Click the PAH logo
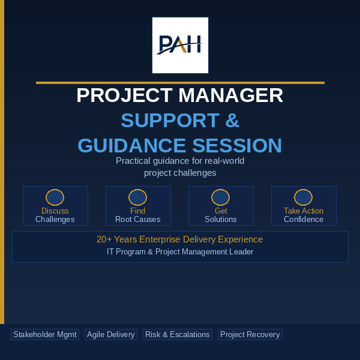[x=180, y=45]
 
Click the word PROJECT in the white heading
[x=125, y=95]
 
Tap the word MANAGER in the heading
[x=231, y=95]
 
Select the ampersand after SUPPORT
[x=232, y=120]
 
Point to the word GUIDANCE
[x=131, y=145]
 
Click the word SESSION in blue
[x=237, y=145]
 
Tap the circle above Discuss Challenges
[x=55, y=197]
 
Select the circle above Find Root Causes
[x=138, y=197]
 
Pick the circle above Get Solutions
[x=220, y=197]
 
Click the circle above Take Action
[x=303, y=197]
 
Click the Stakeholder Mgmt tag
[x=45, y=335]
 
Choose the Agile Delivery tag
[x=111, y=335]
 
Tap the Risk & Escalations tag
[x=178, y=335]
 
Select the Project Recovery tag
[x=250, y=335]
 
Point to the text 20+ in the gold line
[x=104, y=239]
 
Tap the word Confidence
[x=304, y=219]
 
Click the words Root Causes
[x=138, y=219]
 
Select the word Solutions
[x=221, y=219]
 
